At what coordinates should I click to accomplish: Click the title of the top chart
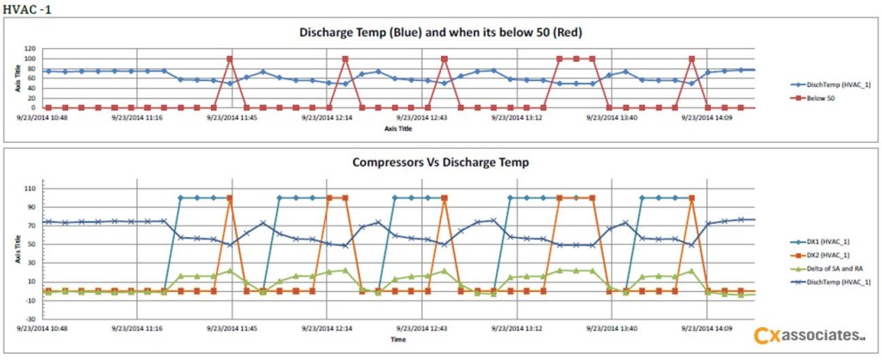440,34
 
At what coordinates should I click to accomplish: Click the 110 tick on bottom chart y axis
31,188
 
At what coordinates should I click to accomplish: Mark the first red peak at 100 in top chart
230,59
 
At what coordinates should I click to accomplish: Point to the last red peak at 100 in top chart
692,59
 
